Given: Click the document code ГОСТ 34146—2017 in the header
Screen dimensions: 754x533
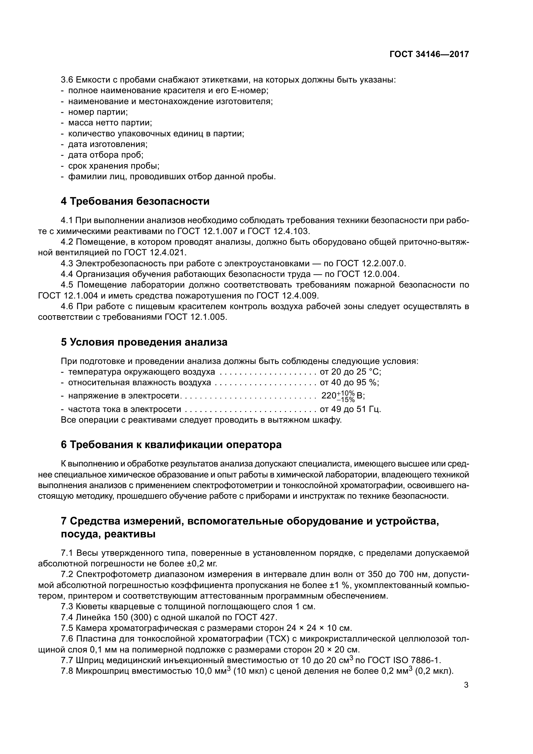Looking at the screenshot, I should coord(429,54).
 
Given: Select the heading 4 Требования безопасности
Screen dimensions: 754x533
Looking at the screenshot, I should coord(135,201).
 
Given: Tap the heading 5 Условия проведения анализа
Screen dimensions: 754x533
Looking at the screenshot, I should coord(144,342).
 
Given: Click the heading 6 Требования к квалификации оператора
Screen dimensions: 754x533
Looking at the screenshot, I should coord(171,445).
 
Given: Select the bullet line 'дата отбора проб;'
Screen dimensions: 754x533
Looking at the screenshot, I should coord(105,155).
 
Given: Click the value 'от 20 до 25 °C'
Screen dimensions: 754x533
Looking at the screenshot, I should coord(350,372).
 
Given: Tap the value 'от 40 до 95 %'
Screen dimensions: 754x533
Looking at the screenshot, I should coord(349,383).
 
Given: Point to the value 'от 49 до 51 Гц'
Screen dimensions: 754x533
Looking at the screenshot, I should coord(350,409).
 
